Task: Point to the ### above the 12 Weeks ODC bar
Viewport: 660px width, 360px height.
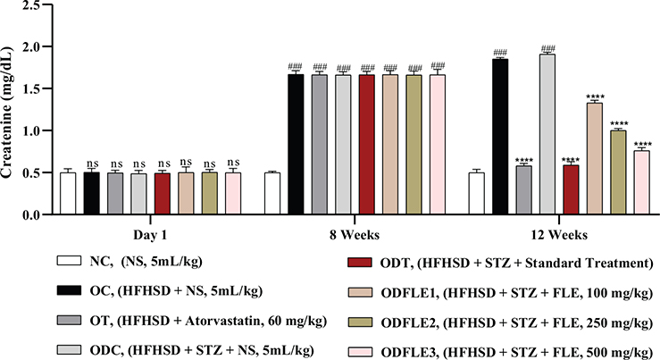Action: [x=548, y=48]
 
